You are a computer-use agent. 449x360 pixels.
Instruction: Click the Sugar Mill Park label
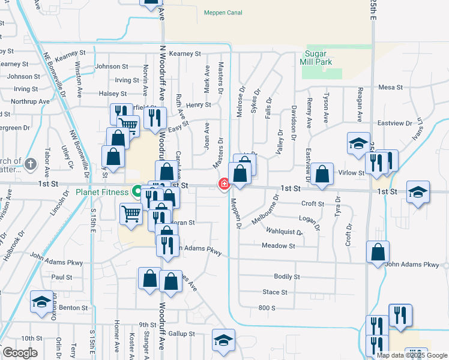click(x=322, y=57)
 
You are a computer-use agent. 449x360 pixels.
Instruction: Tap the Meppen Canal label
click(x=222, y=13)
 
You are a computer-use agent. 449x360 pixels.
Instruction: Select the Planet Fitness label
click(x=102, y=192)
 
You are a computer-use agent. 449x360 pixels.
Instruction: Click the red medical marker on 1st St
click(x=224, y=184)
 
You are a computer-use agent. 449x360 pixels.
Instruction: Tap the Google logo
click(x=19, y=353)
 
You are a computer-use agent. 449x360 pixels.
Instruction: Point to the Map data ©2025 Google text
click(x=412, y=355)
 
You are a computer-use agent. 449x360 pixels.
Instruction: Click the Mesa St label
click(x=390, y=88)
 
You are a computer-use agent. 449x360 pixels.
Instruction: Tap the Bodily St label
click(x=286, y=277)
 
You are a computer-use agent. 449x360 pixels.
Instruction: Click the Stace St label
click(x=275, y=292)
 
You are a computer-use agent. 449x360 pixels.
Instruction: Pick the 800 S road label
click(x=267, y=308)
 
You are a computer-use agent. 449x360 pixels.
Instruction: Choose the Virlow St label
click(x=352, y=173)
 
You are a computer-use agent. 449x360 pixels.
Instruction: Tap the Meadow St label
click(x=279, y=246)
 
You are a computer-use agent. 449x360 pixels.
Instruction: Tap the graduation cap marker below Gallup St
click(x=223, y=341)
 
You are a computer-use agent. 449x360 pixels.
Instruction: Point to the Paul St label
click(x=61, y=277)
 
